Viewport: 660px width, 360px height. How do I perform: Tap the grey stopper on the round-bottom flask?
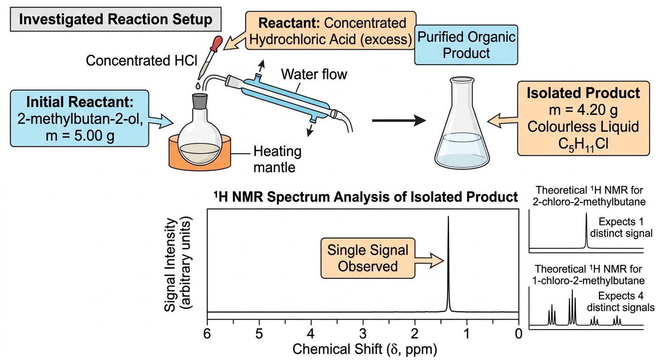click(x=200, y=101)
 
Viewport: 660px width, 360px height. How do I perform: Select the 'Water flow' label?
click(x=314, y=74)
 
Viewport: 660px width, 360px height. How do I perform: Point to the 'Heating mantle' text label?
click(x=277, y=159)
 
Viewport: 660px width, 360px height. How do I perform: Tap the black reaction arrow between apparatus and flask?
click(x=399, y=120)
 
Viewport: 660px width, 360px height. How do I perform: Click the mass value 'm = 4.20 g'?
click(x=583, y=110)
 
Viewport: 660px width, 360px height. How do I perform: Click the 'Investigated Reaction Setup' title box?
click(x=115, y=19)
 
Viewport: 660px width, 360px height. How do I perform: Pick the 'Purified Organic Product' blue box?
click(x=466, y=45)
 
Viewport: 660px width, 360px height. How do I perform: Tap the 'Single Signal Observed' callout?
click(x=367, y=258)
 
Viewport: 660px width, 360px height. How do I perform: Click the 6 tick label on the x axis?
click(x=207, y=334)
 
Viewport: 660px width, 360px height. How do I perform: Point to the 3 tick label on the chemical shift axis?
click(x=363, y=334)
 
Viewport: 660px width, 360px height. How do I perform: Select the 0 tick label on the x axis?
click(x=518, y=334)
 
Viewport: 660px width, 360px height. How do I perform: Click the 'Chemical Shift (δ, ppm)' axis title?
click(x=365, y=349)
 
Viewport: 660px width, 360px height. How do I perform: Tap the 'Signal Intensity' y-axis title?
click(x=170, y=264)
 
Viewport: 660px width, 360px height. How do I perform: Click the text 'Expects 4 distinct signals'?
click(x=621, y=302)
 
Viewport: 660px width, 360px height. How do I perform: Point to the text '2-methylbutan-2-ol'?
click(x=80, y=120)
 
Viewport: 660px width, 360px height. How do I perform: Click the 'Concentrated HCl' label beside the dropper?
click(x=142, y=60)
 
